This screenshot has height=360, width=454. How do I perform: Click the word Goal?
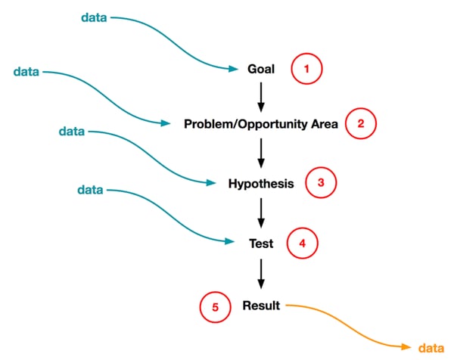click(x=261, y=69)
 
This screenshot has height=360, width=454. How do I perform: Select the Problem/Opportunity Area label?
click(x=261, y=124)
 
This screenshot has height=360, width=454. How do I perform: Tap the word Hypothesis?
click(x=261, y=183)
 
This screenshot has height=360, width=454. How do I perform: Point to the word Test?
click(x=261, y=244)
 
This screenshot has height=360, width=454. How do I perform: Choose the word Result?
click(x=261, y=306)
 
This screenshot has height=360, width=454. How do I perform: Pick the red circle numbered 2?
click(x=361, y=125)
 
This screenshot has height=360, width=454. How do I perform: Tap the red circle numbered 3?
click(x=320, y=183)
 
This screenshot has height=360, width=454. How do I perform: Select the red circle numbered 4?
click(x=303, y=244)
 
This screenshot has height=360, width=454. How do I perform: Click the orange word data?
click(x=430, y=347)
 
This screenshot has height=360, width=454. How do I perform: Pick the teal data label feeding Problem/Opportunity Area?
click(x=27, y=71)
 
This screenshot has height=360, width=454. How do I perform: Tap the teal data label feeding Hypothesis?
click(x=72, y=131)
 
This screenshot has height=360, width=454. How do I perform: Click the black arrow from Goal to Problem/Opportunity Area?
click(x=261, y=96)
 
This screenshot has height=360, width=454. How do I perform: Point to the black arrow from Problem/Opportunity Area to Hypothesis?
click(x=261, y=153)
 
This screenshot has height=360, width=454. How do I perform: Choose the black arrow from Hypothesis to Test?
click(x=261, y=213)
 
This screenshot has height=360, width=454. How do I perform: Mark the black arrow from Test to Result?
click(x=261, y=274)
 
